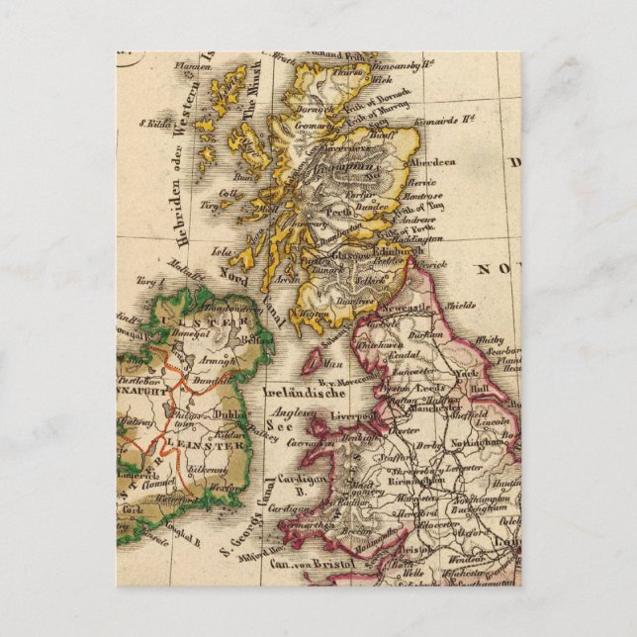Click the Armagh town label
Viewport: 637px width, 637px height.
pos(223,362)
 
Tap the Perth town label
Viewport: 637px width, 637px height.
pos(338,212)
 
